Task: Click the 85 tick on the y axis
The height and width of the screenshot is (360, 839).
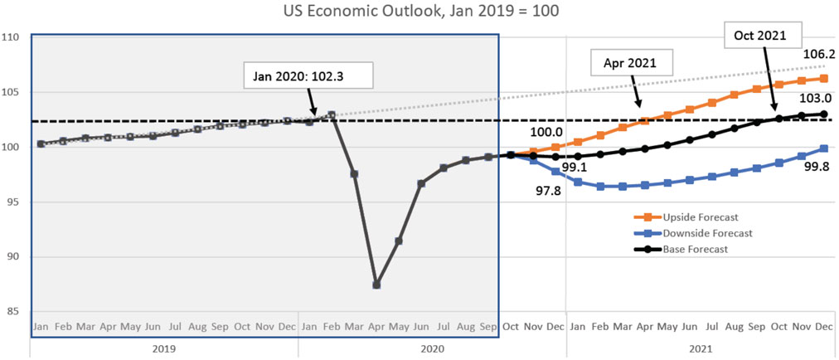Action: click(x=13, y=313)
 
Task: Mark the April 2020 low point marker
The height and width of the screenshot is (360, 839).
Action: click(x=376, y=285)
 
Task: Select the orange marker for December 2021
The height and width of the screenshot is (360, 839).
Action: click(x=824, y=79)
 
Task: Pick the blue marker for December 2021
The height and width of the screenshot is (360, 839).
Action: click(x=824, y=148)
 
